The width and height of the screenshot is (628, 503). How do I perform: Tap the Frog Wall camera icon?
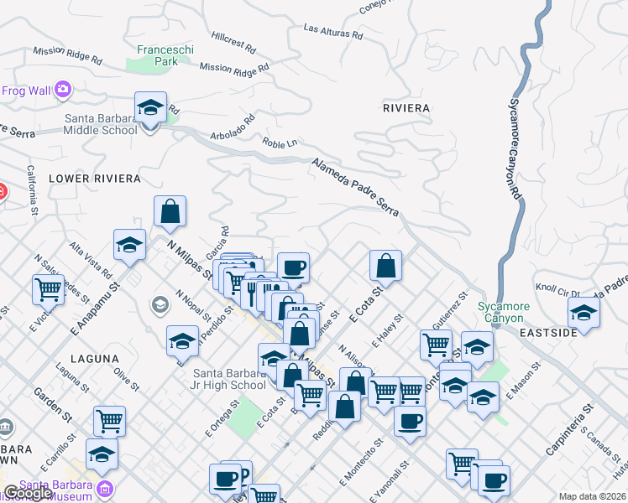[x=63, y=89]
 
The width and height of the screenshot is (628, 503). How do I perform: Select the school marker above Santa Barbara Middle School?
[x=151, y=108]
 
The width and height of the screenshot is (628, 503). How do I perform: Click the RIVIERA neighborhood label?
[x=406, y=108]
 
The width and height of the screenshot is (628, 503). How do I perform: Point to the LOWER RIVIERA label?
[x=94, y=179]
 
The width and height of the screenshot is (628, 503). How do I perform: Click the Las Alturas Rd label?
[x=333, y=33]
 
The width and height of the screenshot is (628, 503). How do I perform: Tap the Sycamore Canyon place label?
[x=501, y=312]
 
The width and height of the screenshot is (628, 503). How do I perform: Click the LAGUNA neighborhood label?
[x=95, y=359]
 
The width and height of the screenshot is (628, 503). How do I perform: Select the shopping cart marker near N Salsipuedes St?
[x=49, y=290]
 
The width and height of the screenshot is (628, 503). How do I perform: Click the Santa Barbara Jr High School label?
[x=229, y=379]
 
